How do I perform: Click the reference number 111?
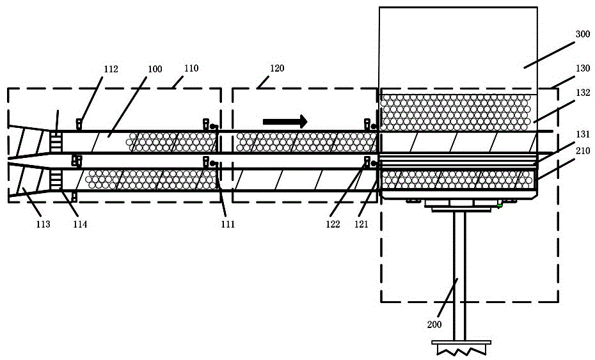click(x=227, y=224)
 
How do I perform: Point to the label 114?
click(x=80, y=224)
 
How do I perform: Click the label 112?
click(x=111, y=70)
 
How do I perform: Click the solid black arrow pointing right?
click(x=285, y=121)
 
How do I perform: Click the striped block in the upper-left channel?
click(x=56, y=141)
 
